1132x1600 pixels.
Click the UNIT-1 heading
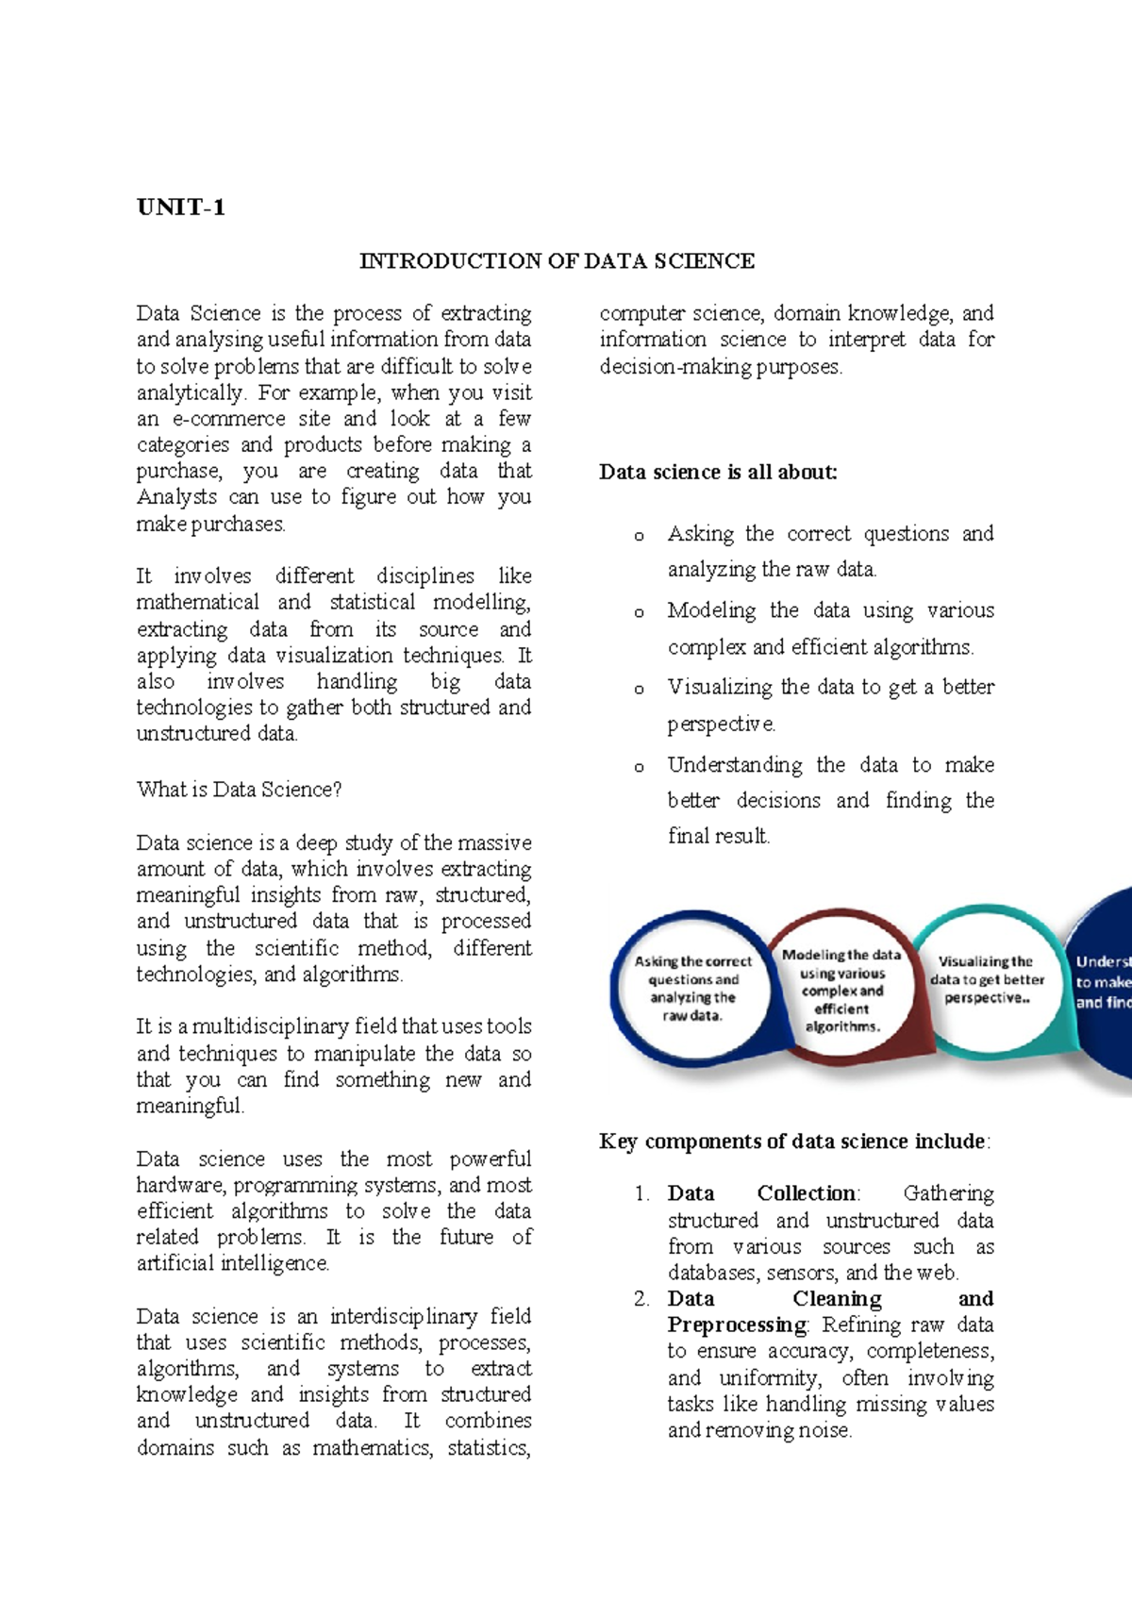(180, 208)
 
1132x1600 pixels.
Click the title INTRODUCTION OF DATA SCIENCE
(557, 261)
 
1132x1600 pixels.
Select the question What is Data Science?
(239, 790)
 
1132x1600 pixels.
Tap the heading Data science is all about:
(718, 472)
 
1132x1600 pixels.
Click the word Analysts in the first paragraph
(176, 497)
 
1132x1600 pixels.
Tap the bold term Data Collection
(762, 1193)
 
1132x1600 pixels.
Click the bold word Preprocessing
(737, 1325)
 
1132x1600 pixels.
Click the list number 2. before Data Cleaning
(642, 1299)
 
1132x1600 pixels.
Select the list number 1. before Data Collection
(642, 1194)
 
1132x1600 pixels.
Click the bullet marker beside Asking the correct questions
(639, 536)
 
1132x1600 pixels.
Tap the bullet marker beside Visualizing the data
(639, 690)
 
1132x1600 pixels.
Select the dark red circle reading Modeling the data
(841, 990)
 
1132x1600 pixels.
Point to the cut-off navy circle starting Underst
(1102, 986)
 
